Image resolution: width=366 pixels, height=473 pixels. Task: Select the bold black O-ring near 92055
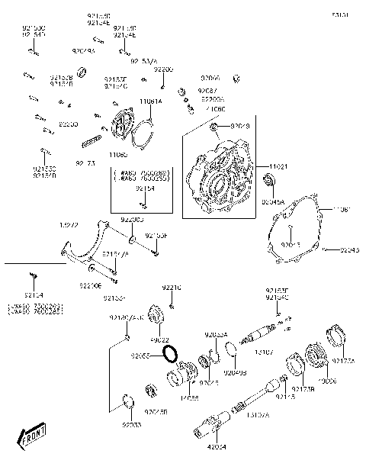point(173,353)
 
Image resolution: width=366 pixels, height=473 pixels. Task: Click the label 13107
point(264,352)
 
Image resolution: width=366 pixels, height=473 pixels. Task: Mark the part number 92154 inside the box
point(145,188)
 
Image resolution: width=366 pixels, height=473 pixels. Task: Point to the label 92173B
point(302,389)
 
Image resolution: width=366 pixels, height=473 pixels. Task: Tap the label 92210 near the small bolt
point(172,288)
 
